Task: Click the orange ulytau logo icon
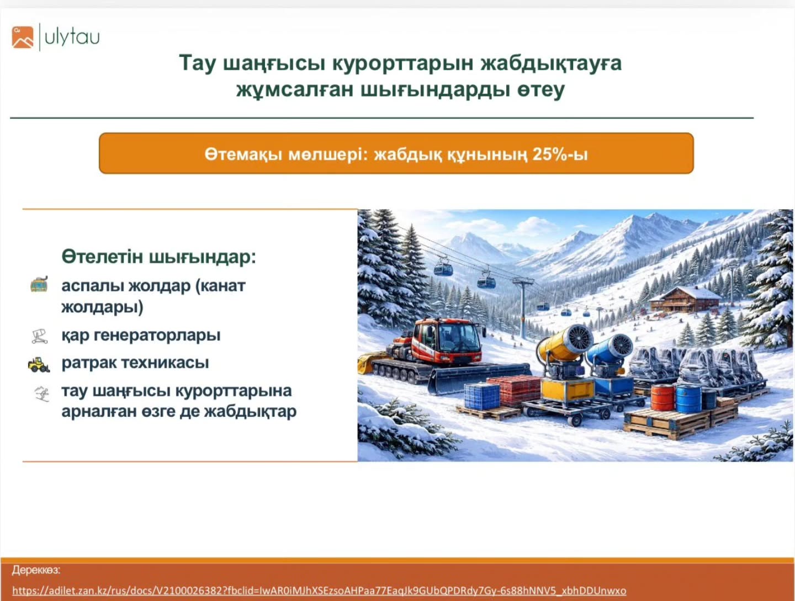click(x=23, y=37)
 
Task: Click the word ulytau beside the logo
click(x=72, y=38)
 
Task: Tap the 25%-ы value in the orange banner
click(x=560, y=154)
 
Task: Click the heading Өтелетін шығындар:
click(x=159, y=257)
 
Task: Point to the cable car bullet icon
click(x=39, y=284)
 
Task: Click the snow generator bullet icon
click(x=39, y=336)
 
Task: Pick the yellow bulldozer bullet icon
click(x=39, y=364)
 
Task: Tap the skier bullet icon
click(x=41, y=394)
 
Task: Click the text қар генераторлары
click(x=141, y=335)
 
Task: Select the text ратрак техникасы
click(x=135, y=363)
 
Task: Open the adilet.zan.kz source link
click(x=319, y=591)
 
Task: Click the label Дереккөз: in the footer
click(x=36, y=570)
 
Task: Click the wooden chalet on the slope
click(x=683, y=299)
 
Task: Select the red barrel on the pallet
click(x=662, y=397)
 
